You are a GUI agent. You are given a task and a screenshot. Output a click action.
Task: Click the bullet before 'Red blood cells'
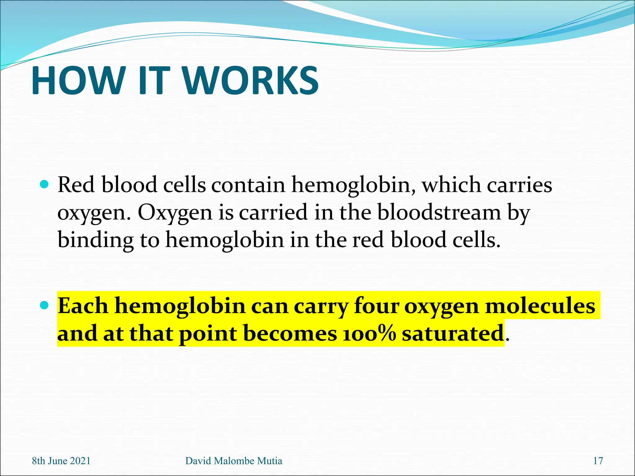(x=45, y=185)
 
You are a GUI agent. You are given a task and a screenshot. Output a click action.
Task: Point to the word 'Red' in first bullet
(x=76, y=185)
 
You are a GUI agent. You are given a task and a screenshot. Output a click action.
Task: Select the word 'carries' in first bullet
(x=519, y=185)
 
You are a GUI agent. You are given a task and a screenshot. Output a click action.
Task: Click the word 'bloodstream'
(x=439, y=213)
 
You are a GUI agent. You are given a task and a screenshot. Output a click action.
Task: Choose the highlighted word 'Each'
(x=83, y=306)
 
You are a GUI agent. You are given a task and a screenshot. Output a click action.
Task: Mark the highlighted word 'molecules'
(x=540, y=306)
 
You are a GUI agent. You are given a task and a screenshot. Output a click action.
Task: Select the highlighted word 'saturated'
(x=453, y=334)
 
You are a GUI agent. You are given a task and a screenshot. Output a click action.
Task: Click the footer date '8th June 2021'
(x=61, y=461)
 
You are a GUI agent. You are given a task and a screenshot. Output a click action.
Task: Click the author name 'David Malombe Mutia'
(x=233, y=461)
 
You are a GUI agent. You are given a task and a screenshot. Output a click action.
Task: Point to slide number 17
(x=598, y=461)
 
